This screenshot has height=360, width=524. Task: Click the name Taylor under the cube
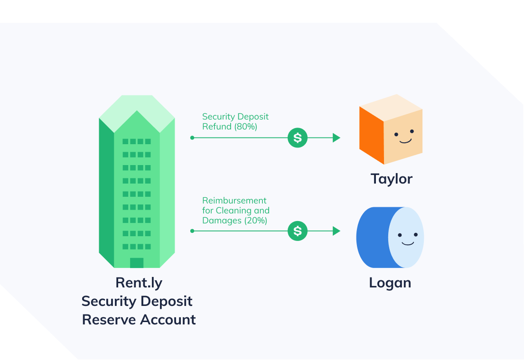(392, 179)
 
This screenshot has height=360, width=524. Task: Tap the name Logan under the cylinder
(390, 283)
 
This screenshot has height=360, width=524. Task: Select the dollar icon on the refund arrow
(298, 138)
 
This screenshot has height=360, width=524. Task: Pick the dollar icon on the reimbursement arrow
(298, 231)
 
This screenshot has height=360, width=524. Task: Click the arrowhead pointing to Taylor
(337, 138)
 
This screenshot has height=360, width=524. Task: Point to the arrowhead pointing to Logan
(337, 231)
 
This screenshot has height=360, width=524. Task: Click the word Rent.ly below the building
(139, 283)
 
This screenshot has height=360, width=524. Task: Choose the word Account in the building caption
(168, 319)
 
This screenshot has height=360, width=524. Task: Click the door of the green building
(137, 263)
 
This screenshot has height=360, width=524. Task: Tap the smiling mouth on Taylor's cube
(404, 141)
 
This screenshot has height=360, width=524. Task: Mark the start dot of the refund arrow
(192, 138)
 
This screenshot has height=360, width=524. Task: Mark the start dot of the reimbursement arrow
(192, 231)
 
